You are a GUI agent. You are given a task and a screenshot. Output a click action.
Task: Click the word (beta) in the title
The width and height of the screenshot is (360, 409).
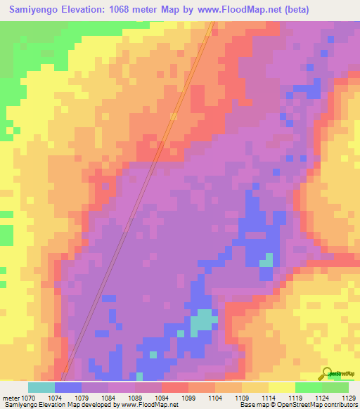(290, 11)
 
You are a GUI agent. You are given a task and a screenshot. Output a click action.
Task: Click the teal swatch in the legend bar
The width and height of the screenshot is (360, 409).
(41, 387)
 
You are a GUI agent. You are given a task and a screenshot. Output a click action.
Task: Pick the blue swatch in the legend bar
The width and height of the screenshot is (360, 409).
(68, 387)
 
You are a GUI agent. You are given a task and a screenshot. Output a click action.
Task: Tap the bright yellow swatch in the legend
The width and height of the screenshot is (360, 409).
(282, 387)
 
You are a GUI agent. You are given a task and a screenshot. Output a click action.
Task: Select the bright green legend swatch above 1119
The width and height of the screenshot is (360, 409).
(309, 387)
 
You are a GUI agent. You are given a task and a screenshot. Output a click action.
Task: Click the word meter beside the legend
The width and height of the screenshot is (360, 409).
(11, 398)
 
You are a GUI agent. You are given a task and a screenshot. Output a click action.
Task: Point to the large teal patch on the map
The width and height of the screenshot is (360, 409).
(202, 321)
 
